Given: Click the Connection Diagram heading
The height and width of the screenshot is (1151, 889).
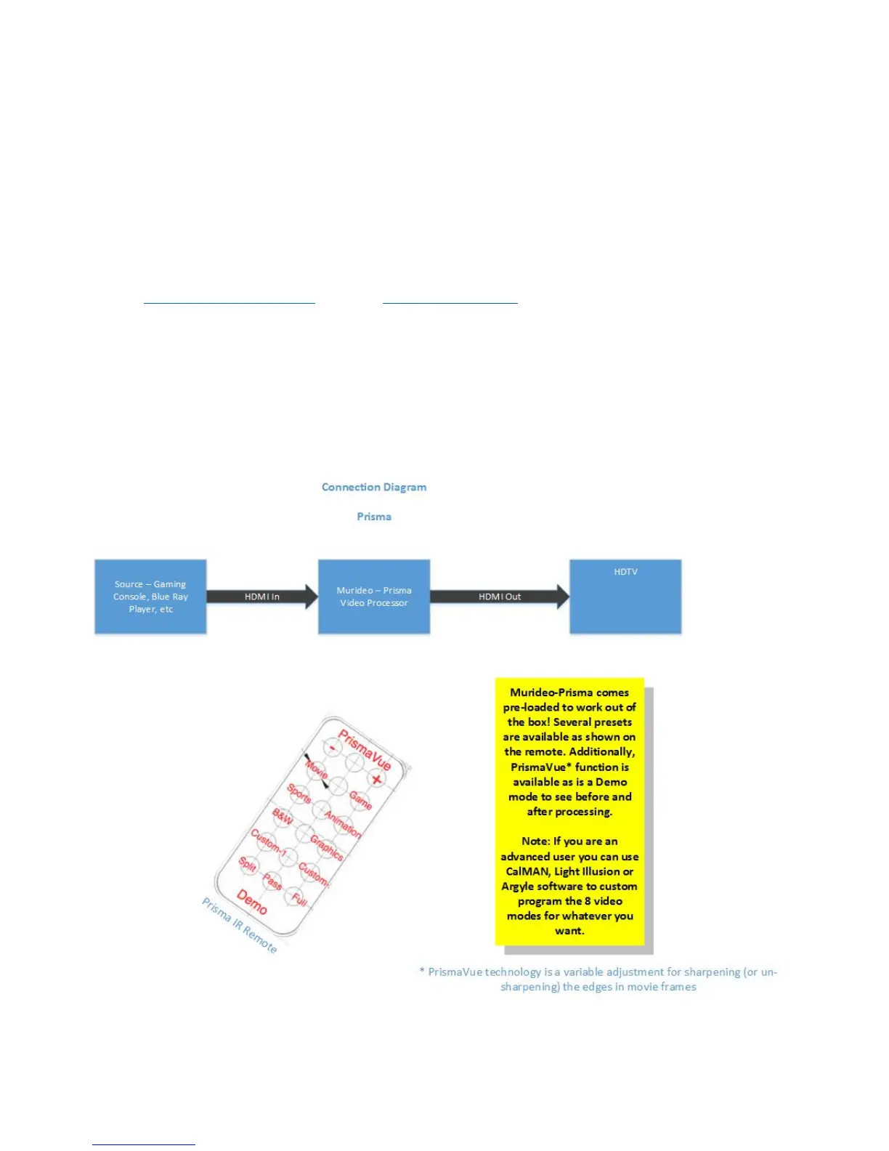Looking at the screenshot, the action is pyautogui.click(x=374, y=487).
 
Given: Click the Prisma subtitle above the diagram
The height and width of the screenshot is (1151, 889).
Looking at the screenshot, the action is pyautogui.click(x=374, y=517).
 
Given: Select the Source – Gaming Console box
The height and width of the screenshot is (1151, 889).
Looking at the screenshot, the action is pyautogui.click(x=150, y=597).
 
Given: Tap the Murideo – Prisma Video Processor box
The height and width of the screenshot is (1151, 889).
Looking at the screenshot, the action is pyautogui.click(x=374, y=597).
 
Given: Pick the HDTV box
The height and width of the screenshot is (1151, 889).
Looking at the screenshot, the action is pyautogui.click(x=625, y=597).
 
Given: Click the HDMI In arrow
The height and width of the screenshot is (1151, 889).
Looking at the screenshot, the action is pyautogui.click(x=262, y=597).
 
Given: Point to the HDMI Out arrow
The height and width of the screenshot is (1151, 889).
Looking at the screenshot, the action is pyautogui.click(x=500, y=597).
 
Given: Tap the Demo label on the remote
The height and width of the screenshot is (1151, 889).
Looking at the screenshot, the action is pyautogui.click(x=252, y=902).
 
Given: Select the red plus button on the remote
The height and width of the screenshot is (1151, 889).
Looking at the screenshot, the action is pyautogui.click(x=376, y=780).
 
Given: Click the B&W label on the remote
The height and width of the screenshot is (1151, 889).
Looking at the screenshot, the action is pyautogui.click(x=282, y=817).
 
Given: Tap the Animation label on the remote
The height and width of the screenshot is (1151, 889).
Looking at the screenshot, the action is pyautogui.click(x=342, y=824).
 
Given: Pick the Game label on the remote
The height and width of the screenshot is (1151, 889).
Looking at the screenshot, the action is pyautogui.click(x=360, y=800).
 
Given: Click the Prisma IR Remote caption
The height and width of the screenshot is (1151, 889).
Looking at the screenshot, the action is pyautogui.click(x=239, y=926).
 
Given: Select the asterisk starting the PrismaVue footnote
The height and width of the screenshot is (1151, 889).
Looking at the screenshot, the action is pyautogui.click(x=422, y=971).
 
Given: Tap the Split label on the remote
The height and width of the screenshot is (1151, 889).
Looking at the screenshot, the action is pyautogui.click(x=248, y=865).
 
